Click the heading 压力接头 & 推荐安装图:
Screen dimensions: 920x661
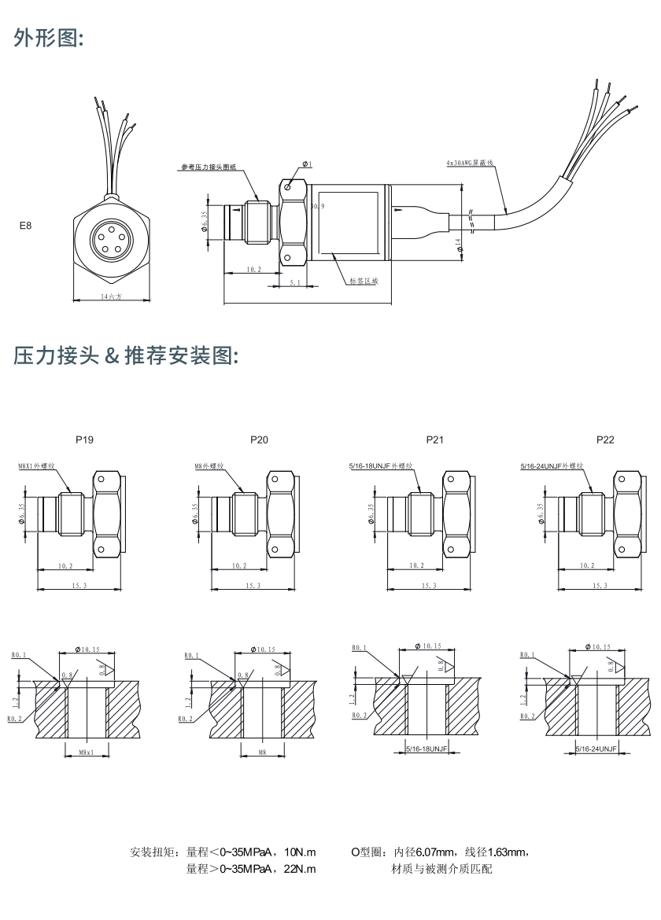point(126,355)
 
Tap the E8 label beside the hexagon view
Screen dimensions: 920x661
point(26,226)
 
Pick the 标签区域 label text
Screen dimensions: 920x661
point(364,280)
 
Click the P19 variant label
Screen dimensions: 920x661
point(84,440)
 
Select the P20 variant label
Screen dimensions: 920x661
point(259,440)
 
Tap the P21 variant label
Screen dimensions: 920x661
point(434,440)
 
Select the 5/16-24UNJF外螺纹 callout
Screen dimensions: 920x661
point(553,466)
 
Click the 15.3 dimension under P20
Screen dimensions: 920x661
point(253,585)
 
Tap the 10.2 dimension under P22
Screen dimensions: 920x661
point(587,565)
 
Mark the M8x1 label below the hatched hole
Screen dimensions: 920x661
point(87,753)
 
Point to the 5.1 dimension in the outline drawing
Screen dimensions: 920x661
point(293,281)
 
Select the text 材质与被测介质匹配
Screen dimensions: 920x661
point(441,869)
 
